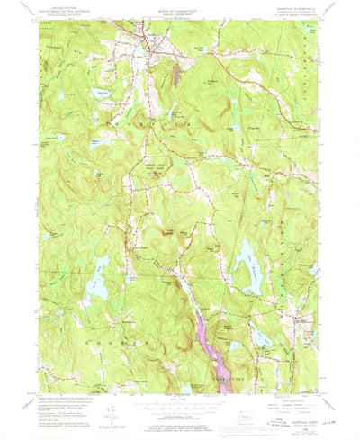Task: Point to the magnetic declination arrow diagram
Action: [x=109, y=415]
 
